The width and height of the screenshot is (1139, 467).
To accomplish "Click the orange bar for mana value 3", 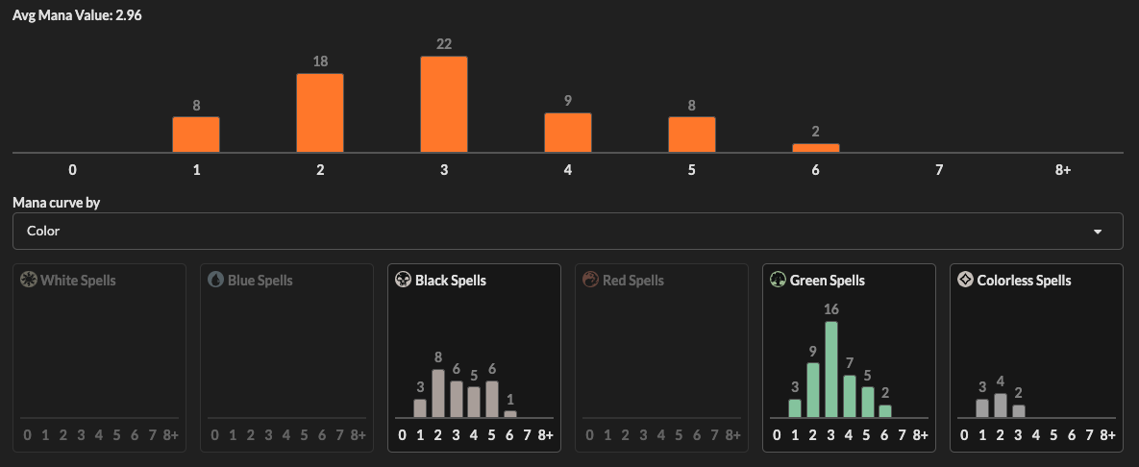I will tap(443, 104).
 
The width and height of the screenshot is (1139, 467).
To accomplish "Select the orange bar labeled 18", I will tap(320, 112).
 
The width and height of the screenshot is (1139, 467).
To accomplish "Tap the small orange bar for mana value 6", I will tap(815, 147).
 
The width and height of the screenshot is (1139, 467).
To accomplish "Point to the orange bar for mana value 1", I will tap(196, 134).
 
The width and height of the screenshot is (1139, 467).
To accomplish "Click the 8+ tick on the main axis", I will tap(1062, 170).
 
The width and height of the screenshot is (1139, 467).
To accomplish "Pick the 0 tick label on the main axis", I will tap(72, 170).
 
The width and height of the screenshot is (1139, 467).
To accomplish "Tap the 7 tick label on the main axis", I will tap(939, 170).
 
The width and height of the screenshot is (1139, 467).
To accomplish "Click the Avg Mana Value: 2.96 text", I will tap(65, 16).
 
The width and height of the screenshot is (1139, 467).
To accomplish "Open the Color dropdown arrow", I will tap(1098, 232).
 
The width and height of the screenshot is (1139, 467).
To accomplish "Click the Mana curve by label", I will tap(57, 203).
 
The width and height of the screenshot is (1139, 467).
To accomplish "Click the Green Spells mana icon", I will tap(779, 280).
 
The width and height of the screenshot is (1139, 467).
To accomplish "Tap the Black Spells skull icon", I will tap(404, 280).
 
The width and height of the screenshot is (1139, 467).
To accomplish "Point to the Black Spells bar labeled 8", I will tap(437, 393).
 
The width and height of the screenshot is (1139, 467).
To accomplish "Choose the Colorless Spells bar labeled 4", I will tap(1000, 405).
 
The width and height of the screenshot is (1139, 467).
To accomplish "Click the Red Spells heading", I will tap(632, 281).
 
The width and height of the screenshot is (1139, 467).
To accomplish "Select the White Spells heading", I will tap(78, 281).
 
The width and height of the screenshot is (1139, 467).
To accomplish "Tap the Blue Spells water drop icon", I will tap(216, 280).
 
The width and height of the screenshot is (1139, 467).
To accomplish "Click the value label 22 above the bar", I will tap(443, 44).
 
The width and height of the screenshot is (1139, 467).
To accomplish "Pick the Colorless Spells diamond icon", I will tap(966, 280).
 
